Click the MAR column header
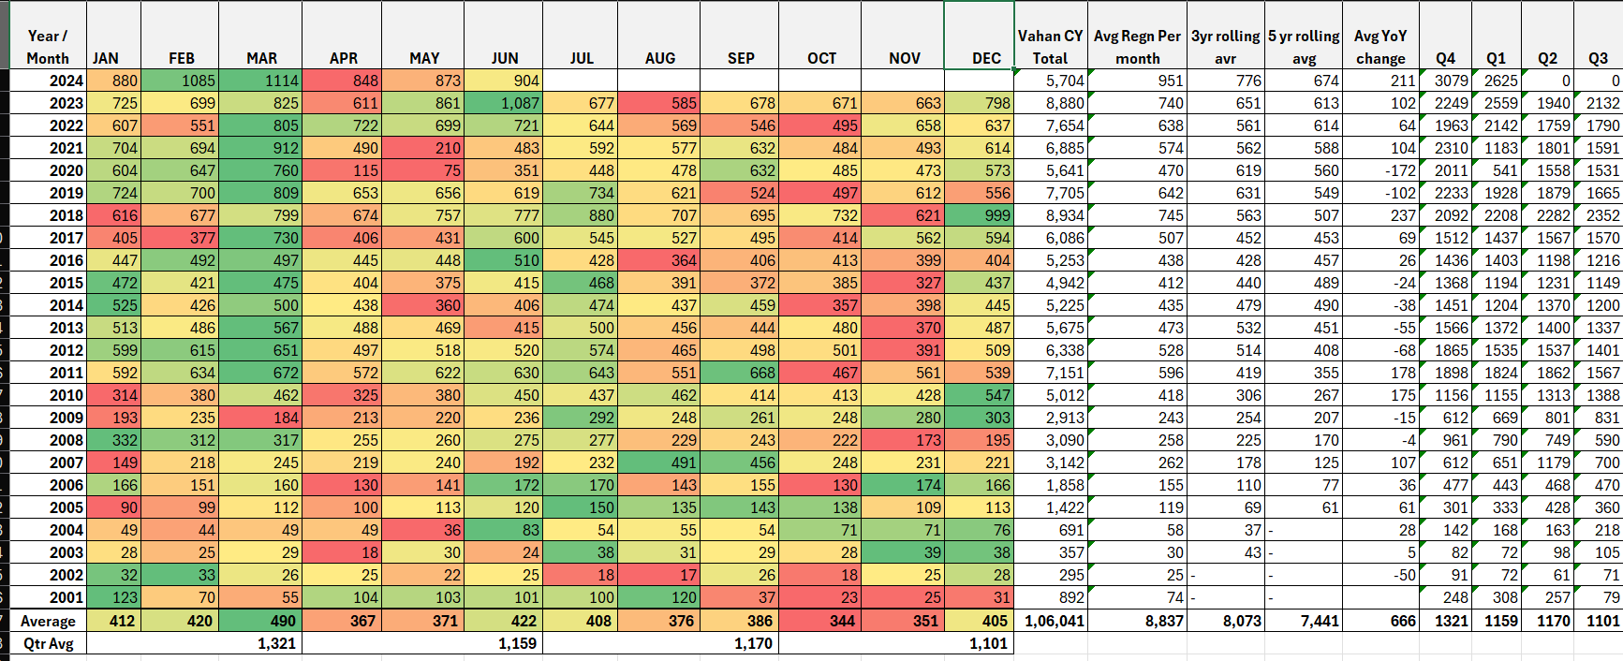point(261,58)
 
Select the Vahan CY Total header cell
point(1050,47)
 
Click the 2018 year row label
point(66,215)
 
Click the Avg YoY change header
point(1380,47)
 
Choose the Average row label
point(48,621)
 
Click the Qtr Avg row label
point(48,643)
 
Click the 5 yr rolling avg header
point(1304,47)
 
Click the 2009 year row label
point(66,418)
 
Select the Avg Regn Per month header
point(1137,47)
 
